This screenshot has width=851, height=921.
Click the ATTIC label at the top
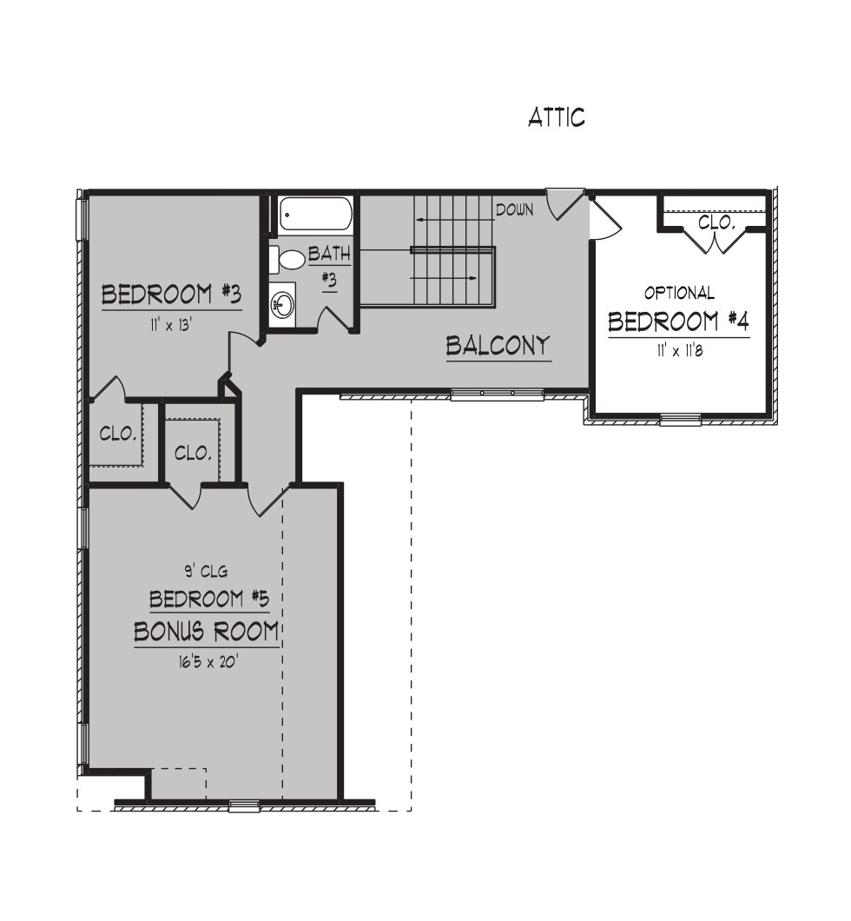point(557,117)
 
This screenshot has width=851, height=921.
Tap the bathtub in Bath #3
point(315,216)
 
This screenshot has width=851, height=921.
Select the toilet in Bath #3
point(287,260)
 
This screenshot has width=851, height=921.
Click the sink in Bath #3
point(283,304)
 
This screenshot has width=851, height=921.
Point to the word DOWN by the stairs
point(515,209)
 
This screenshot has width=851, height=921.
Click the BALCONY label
point(498,346)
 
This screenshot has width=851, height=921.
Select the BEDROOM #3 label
point(171,295)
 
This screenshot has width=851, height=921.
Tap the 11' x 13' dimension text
point(170,325)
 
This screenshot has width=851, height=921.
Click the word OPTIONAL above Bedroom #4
point(679,293)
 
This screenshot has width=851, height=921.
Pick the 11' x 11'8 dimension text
point(680,351)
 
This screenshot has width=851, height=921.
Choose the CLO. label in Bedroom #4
point(716,222)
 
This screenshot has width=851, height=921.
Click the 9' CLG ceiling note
point(202,570)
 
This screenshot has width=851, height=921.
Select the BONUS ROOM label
point(207,632)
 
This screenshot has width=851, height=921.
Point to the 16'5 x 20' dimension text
point(205,663)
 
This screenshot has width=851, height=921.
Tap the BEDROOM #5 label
point(209,600)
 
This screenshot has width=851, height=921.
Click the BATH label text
point(329,255)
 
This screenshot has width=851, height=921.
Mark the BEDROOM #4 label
point(679,321)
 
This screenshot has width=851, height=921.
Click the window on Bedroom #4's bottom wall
point(680,420)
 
